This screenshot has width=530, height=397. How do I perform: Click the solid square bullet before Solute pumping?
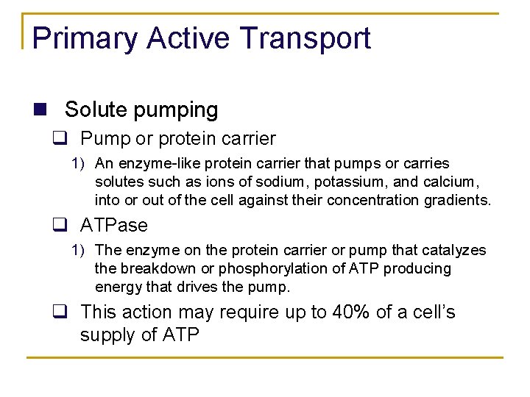click(41, 110)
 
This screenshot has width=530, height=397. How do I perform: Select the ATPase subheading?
click(114, 225)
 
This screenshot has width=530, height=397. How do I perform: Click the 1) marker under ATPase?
click(78, 251)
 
